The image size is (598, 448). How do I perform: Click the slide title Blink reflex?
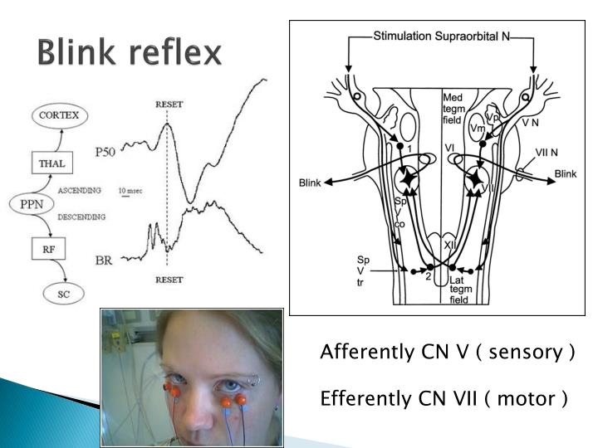(x=129, y=53)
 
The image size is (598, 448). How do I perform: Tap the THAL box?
(x=51, y=163)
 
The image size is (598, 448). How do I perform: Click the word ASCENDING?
(x=81, y=190)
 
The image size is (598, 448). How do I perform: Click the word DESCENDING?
(x=82, y=217)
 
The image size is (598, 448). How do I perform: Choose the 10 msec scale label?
(x=129, y=190)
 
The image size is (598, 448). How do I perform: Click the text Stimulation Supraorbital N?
(x=440, y=36)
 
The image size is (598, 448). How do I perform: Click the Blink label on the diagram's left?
(x=310, y=183)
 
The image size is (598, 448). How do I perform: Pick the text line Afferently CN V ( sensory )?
(x=448, y=352)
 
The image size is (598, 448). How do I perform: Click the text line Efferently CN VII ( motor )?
(x=444, y=399)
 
